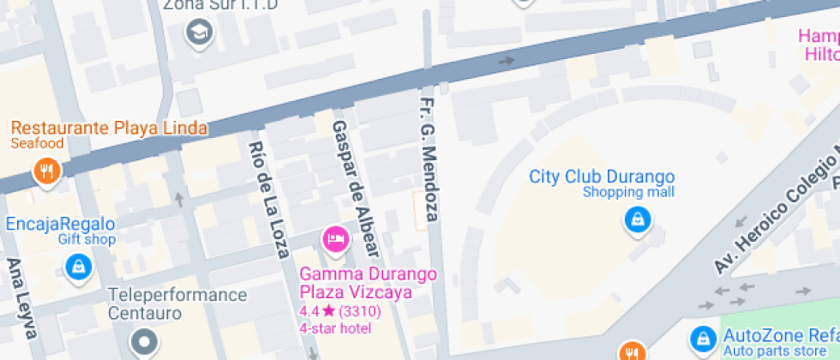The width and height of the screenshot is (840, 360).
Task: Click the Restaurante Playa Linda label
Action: tap(109, 129)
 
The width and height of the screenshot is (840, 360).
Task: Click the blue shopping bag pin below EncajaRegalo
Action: tap(78, 267)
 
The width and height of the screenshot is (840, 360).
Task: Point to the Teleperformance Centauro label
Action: tap(177, 303)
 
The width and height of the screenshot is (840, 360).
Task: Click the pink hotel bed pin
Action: tap(334, 238)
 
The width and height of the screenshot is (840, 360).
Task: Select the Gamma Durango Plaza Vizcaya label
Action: tap(368, 284)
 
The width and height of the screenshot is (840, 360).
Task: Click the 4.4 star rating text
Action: tap(341, 310)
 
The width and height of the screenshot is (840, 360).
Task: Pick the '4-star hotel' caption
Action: tap(334, 327)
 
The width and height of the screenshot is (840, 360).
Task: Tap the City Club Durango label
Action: tap(602, 177)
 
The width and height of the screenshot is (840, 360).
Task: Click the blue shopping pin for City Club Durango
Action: tap(637, 220)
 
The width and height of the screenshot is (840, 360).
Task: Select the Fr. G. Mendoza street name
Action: tap(429, 159)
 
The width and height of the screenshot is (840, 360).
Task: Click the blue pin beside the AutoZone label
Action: tap(704, 337)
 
